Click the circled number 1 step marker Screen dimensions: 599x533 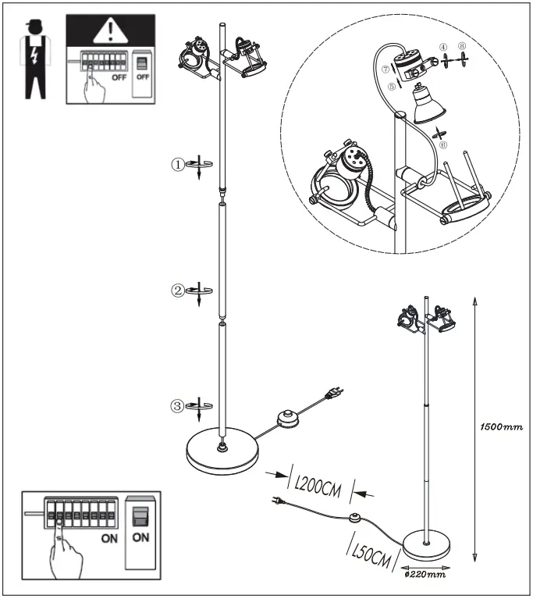tap(178, 164)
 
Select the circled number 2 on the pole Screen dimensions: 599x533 tap(178, 291)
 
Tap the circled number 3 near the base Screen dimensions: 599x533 tap(178, 405)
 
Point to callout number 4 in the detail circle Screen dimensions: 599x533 tap(444, 48)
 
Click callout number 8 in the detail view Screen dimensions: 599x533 tap(463, 48)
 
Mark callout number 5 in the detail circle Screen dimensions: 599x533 tap(392, 87)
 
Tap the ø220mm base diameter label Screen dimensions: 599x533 tap(425, 574)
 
